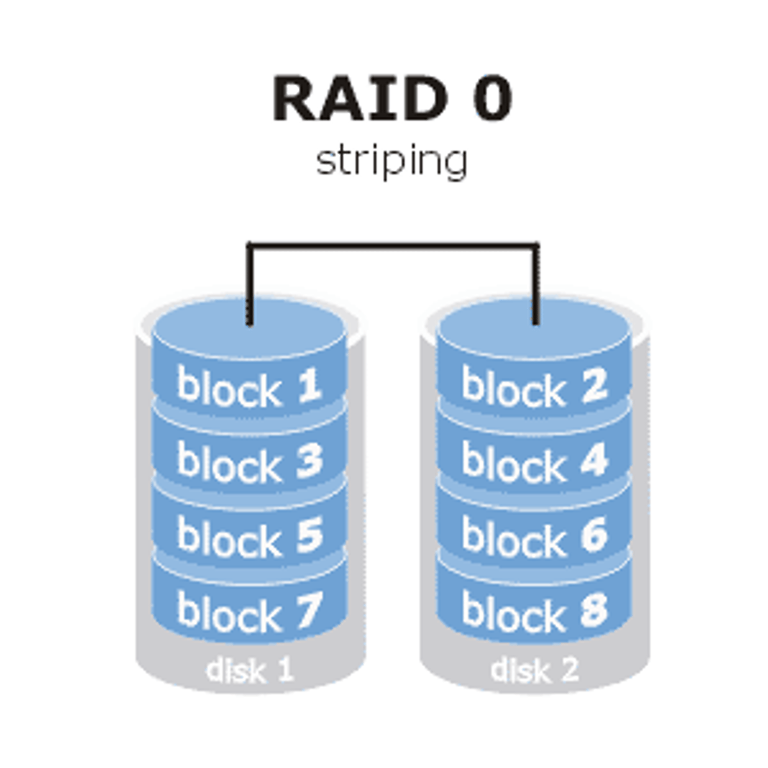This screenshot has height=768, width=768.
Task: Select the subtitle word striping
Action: (x=392, y=161)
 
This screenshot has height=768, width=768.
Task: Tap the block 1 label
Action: (x=249, y=387)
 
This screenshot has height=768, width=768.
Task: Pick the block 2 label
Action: (x=534, y=387)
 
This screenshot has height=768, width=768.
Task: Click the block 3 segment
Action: (x=249, y=461)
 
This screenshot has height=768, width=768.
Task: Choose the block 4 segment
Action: (x=534, y=461)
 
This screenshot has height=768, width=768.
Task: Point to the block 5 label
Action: (x=249, y=536)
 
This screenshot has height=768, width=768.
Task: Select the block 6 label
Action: (x=534, y=536)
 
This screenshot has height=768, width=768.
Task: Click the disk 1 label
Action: (x=249, y=670)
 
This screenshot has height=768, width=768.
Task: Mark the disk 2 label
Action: (x=534, y=670)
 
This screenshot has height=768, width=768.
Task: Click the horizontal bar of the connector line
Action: (x=392, y=244)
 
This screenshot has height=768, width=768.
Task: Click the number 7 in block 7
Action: (x=308, y=610)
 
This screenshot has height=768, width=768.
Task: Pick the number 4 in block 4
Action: (x=593, y=460)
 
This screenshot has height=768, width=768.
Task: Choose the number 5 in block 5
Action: (x=308, y=535)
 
